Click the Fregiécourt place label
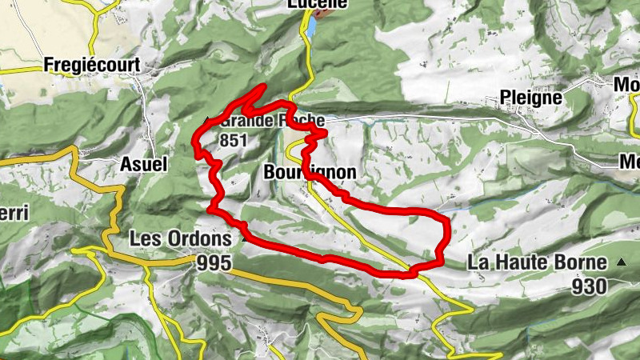93,65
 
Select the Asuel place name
143,164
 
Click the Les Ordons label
181,238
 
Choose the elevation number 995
212,263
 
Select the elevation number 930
589,286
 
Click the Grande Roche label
272,121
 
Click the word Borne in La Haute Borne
586,262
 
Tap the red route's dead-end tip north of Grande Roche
263,86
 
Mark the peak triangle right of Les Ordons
242,238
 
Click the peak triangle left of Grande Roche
208,121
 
